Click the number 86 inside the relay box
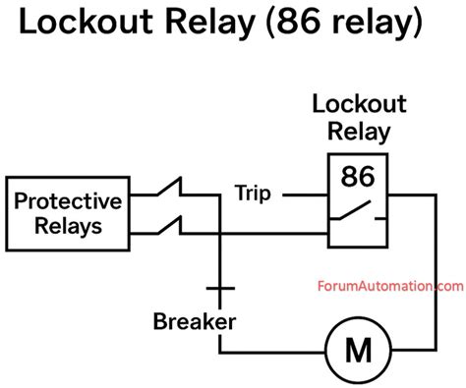coord(356,177)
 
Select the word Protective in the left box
coord(67,201)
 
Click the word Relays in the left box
coord(67,229)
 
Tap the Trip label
coord(254,193)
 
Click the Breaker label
coord(195,321)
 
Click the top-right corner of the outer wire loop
coord(433,194)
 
